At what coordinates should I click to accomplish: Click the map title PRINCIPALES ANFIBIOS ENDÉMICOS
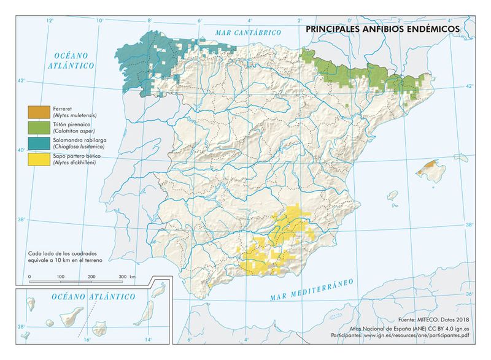(x=382, y=28)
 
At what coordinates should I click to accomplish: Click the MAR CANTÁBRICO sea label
(x=248, y=32)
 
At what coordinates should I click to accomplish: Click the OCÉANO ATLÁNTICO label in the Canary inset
(x=93, y=297)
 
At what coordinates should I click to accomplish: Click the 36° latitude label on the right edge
(x=469, y=295)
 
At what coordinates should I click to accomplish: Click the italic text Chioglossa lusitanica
(x=80, y=147)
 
